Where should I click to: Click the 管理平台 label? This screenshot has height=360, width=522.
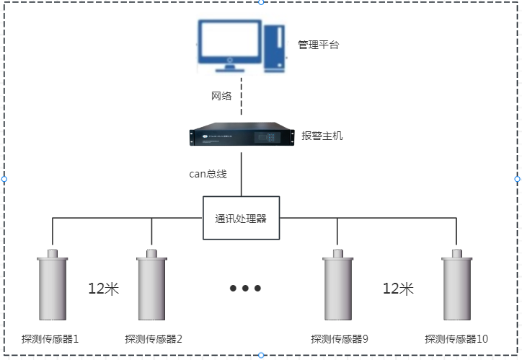point(318,45)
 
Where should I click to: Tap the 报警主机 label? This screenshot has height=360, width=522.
point(322,135)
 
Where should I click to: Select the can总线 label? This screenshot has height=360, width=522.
point(208,174)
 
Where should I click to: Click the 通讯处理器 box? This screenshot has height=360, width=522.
point(242,217)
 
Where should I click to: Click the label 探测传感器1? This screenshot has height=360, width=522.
point(50,338)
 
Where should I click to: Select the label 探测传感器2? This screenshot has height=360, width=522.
point(154,338)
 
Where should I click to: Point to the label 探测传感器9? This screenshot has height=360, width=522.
point(340,338)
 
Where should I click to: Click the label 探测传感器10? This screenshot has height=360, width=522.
point(456,338)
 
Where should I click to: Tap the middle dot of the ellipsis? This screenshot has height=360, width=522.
point(245,289)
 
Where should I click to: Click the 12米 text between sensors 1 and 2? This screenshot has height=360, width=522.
point(103,289)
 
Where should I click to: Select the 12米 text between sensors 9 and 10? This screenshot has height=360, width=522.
point(398,289)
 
